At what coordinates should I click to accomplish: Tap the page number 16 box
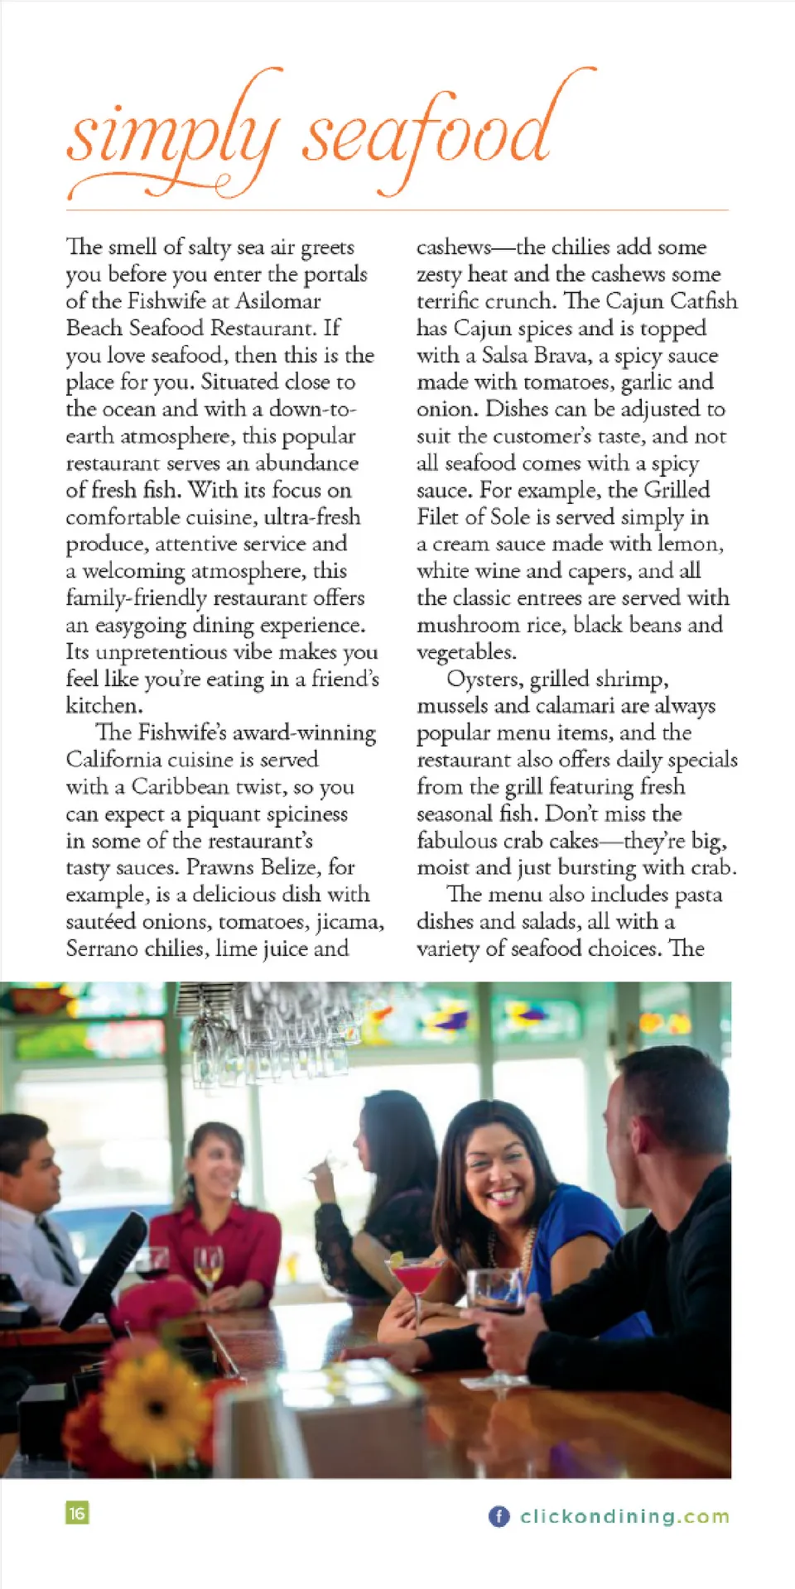[x=77, y=1513]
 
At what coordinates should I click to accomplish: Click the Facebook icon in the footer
[x=499, y=1516]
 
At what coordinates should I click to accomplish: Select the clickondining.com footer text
[x=625, y=1516]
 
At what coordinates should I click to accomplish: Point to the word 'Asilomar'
[x=278, y=300]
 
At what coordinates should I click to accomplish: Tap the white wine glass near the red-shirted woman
[x=208, y=1266]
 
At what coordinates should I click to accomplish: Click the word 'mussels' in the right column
[x=452, y=706]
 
